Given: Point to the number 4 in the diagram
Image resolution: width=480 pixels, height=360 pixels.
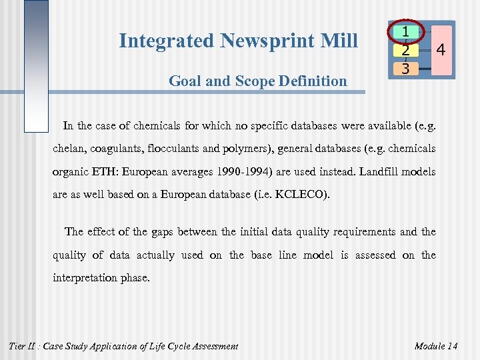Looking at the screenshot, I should point(441,49).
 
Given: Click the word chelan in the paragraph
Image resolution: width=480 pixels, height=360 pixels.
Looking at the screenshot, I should point(69,149).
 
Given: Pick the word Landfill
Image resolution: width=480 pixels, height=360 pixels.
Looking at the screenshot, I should point(382,172).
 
